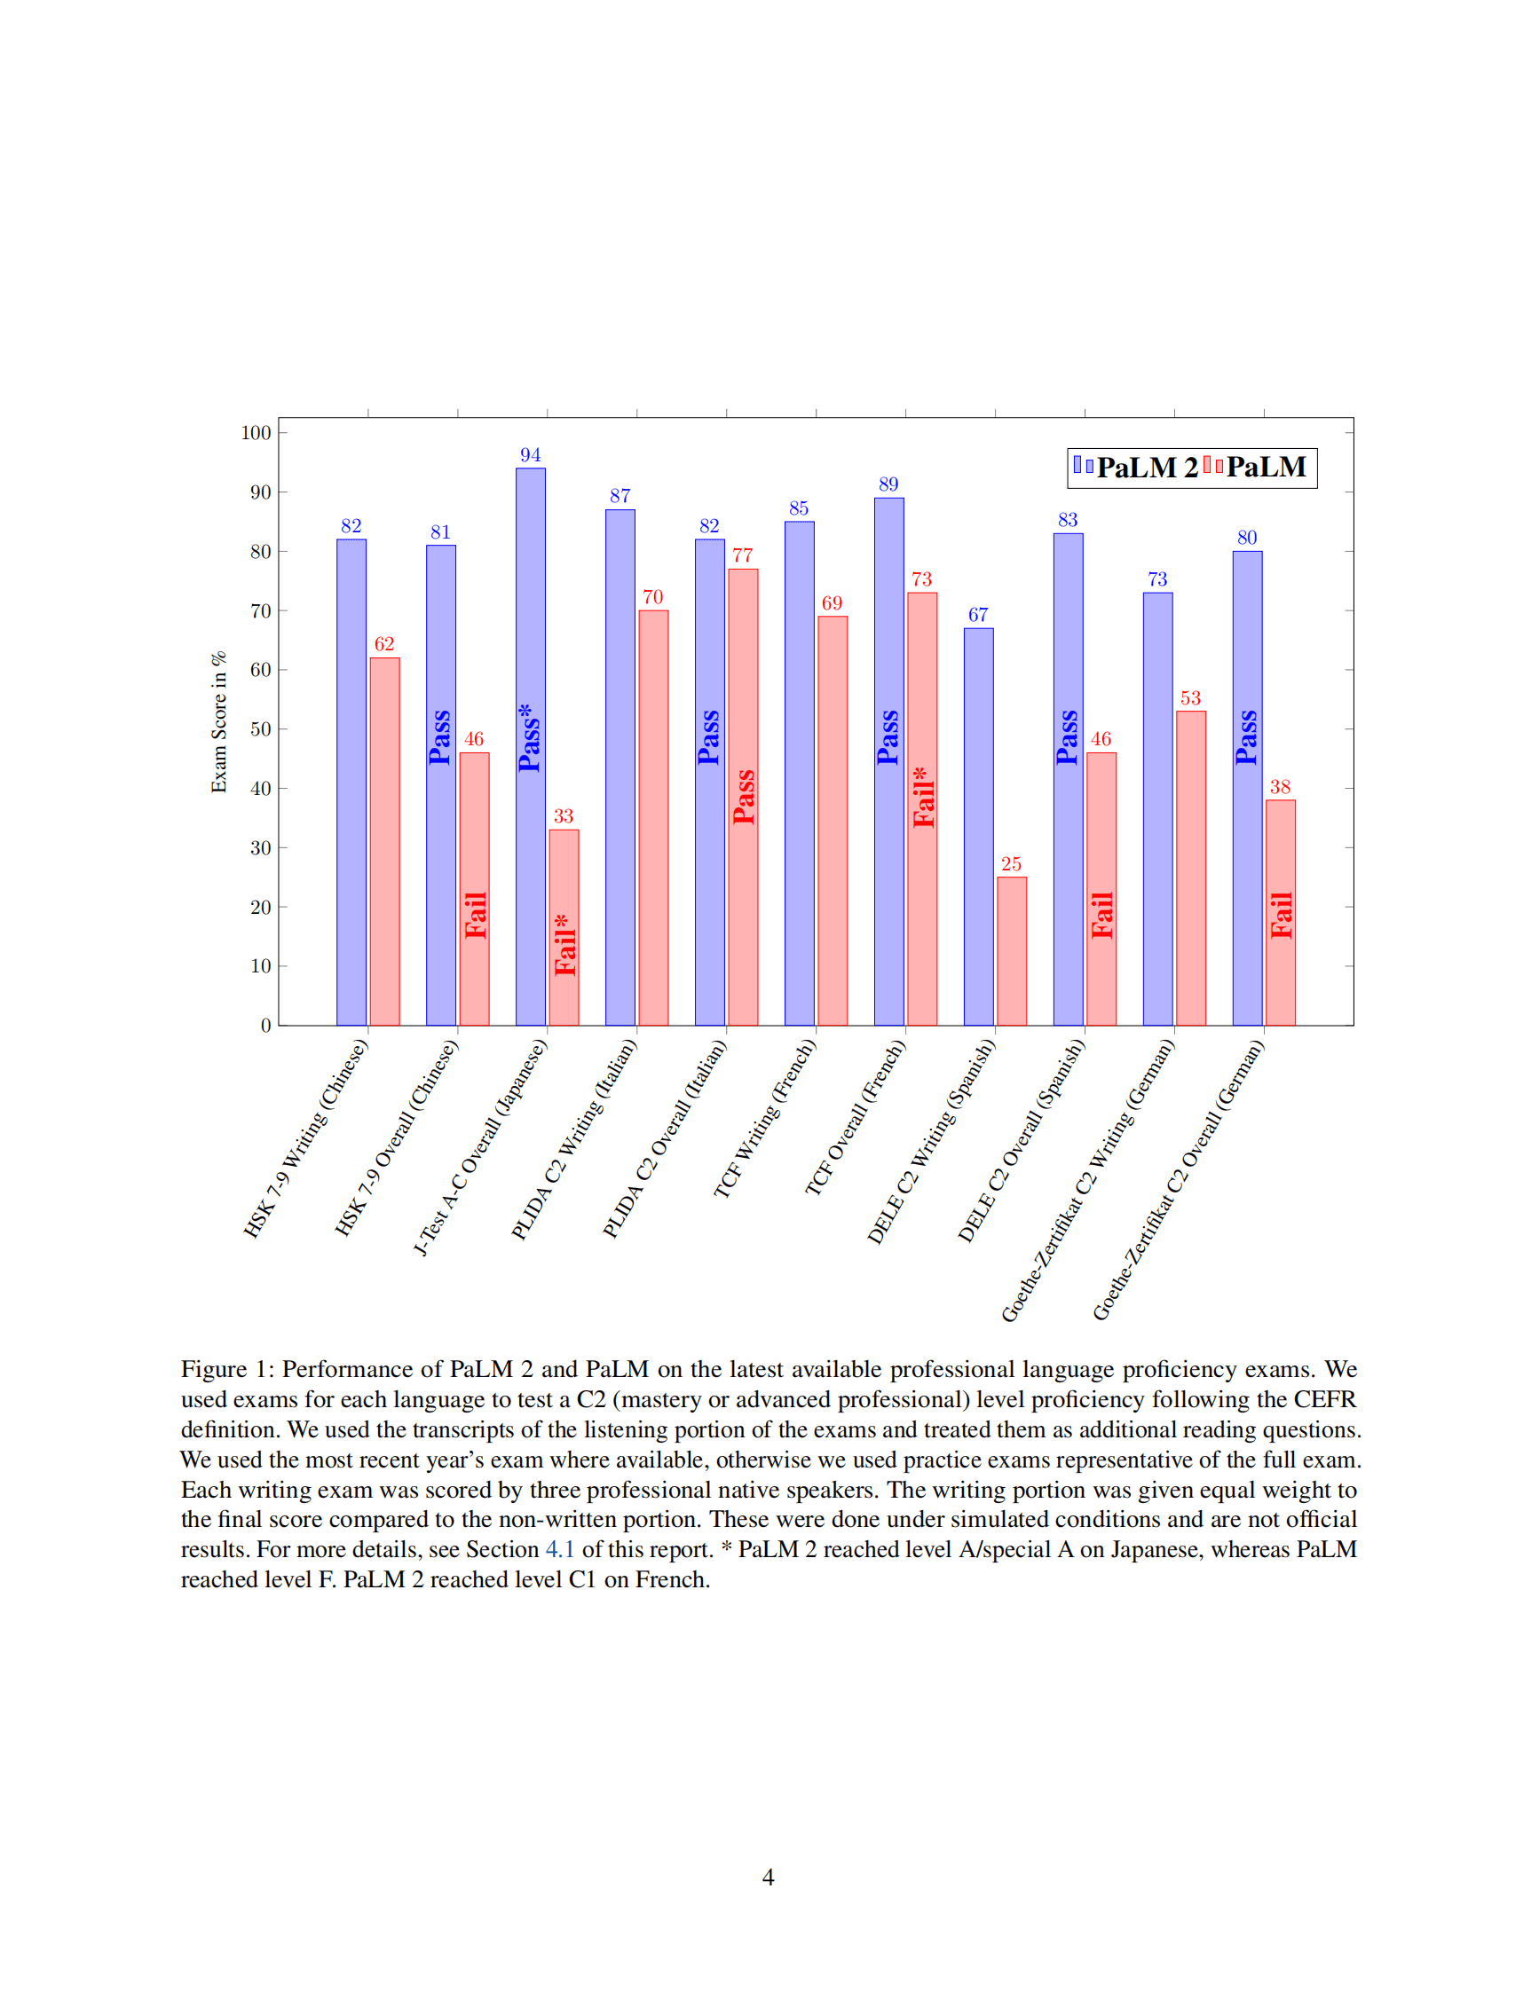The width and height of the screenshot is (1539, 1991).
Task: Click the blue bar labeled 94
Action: click(530, 638)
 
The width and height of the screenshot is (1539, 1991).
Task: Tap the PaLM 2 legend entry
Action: click(1136, 468)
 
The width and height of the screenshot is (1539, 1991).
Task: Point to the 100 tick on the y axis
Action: click(256, 433)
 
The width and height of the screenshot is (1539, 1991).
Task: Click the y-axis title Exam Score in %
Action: click(219, 722)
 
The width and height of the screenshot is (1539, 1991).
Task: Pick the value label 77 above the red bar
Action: click(742, 555)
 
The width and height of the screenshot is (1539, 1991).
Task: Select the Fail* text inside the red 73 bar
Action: click(924, 798)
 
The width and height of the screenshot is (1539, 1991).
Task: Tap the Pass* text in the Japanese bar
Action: click(530, 737)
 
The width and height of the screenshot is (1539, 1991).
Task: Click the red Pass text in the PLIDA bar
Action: click(744, 797)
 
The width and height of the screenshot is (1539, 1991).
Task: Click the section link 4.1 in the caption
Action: click(559, 1550)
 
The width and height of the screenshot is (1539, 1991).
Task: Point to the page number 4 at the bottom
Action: click(768, 1877)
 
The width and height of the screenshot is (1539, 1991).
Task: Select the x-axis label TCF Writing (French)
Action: click(764, 1119)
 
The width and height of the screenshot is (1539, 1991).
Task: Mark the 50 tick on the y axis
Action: click(261, 729)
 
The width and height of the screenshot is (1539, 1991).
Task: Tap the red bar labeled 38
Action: click(1280, 912)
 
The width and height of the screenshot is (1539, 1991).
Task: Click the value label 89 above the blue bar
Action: click(888, 484)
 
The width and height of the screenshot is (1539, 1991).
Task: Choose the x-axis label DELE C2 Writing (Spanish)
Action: click(931, 1141)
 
